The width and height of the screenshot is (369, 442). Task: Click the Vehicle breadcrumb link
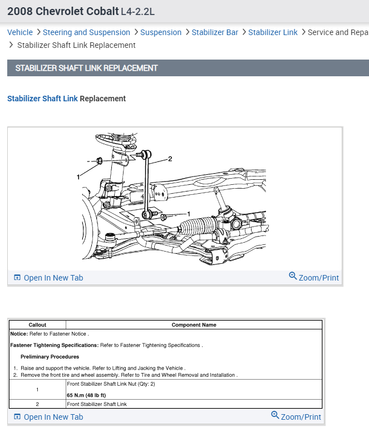[x=20, y=32]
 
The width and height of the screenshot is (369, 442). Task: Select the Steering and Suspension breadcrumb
[x=86, y=32]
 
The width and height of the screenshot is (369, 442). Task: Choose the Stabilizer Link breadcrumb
[x=273, y=32]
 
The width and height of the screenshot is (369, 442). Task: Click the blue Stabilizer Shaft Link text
[x=42, y=99]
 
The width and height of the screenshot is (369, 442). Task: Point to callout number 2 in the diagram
[x=170, y=159]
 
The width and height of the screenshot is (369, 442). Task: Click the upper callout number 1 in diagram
[x=78, y=176]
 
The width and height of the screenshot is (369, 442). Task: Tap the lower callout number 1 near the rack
[x=189, y=214]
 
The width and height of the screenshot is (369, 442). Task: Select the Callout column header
[x=37, y=325]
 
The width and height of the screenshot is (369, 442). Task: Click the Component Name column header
[x=194, y=325]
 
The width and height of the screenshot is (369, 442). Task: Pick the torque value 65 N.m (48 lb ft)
[x=86, y=395]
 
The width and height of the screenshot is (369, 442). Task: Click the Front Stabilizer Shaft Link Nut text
[x=111, y=384]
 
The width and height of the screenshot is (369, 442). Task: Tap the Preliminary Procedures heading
[x=50, y=357]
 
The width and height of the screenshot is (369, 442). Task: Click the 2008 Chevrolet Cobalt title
[x=63, y=11]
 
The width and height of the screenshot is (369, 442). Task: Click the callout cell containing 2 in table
[x=37, y=404]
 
